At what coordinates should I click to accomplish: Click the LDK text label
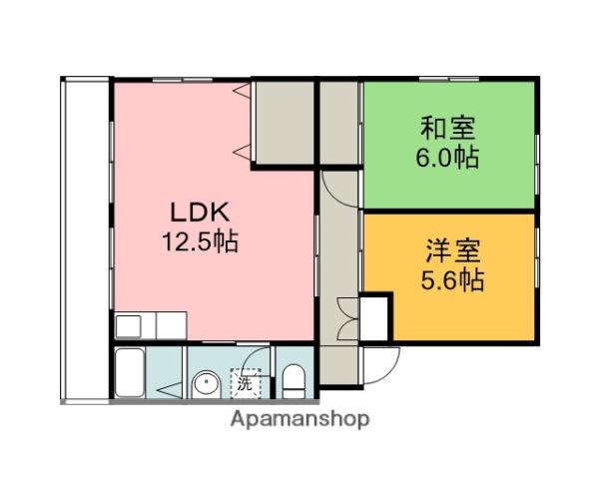[200, 212]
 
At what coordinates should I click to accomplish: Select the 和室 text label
[447, 129]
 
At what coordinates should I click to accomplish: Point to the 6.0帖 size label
[447, 157]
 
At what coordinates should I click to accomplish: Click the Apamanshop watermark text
[300, 419]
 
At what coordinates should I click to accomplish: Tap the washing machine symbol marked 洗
[245, 380]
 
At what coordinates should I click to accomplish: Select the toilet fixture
[294, 379]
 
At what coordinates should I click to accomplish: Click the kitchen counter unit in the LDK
[150, 326]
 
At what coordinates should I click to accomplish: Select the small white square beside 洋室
[376, 317]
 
